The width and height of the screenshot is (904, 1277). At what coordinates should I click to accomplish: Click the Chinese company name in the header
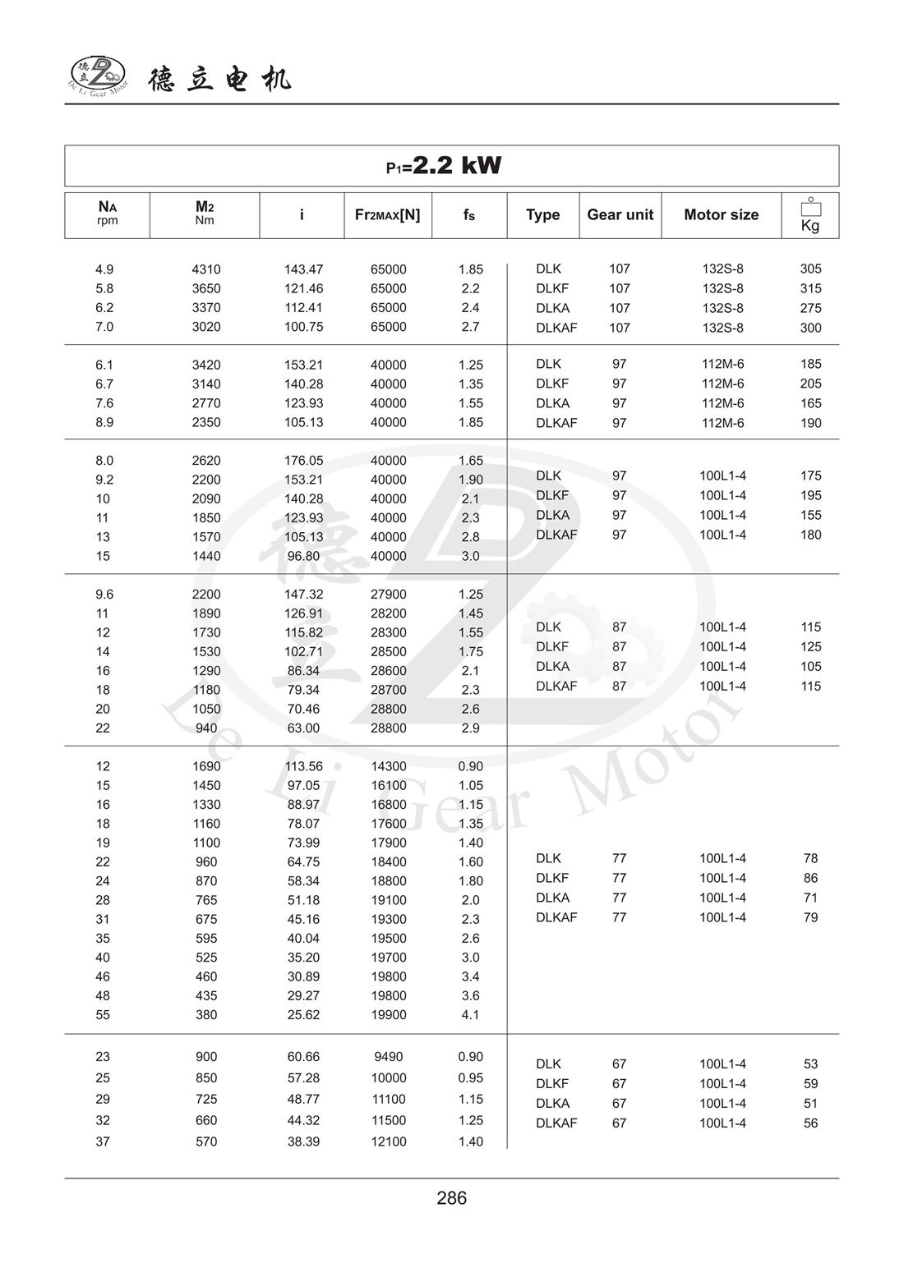point(219,80)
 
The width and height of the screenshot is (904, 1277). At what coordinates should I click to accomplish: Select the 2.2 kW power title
point(444,166)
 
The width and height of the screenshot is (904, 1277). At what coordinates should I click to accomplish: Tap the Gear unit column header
point(620,215)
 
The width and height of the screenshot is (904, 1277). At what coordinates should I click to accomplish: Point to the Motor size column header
point(721,215)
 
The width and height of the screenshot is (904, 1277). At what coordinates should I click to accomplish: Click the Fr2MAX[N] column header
point(387,215)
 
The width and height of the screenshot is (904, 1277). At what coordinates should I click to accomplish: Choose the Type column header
point(542,215)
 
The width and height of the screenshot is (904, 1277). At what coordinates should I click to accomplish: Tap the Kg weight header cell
point(810,216)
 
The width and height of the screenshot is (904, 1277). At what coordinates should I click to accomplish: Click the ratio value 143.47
point(304,269)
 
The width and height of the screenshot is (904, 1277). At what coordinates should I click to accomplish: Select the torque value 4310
point(206,269)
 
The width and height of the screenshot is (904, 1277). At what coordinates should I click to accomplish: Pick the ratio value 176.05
point(304,461)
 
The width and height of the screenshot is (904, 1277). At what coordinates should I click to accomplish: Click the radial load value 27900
point(389,595)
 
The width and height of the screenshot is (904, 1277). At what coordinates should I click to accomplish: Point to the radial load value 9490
point(389,1057)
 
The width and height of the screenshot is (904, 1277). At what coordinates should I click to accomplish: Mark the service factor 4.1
point(470,1015)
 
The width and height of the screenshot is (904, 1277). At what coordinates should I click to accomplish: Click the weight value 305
point(810,269)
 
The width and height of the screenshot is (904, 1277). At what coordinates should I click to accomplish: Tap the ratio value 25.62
point(303,1015)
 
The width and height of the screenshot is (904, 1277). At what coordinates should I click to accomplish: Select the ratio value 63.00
point(303,728)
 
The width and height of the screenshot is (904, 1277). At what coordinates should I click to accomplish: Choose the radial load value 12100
point(389,1141)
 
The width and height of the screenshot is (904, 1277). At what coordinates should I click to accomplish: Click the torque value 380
point(206,1015)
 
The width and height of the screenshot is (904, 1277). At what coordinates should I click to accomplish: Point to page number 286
point(452,1198)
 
